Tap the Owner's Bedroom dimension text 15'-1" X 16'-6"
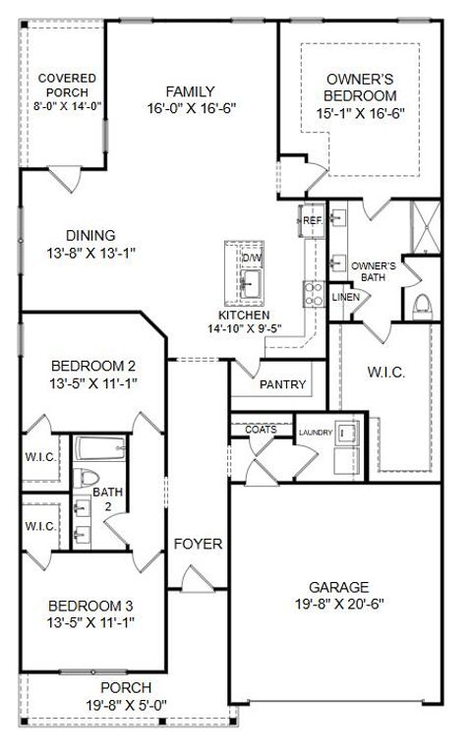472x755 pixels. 361,113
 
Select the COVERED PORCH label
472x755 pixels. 66,86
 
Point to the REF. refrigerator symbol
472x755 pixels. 313,220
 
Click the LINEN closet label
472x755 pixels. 343,297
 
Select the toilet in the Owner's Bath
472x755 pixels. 424,303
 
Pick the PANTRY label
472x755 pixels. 282,384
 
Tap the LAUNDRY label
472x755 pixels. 315,431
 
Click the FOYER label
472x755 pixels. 198,544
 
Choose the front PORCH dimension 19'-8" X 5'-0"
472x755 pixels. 126,703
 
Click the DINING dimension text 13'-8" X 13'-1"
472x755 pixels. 90,252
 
